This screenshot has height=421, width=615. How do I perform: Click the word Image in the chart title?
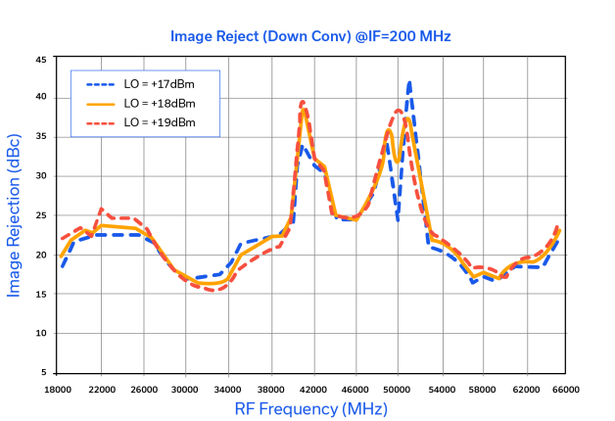pos(189,36)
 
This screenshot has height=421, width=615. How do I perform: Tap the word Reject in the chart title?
pos(235,36)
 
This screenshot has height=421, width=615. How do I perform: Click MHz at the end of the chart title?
pos(435,36)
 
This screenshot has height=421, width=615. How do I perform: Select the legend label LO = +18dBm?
pos(160,103)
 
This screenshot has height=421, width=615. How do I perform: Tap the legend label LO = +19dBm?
pos(160,122)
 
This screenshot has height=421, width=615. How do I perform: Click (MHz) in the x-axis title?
pos(363,408)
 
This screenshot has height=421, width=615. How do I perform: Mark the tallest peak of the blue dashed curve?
pos(408,84)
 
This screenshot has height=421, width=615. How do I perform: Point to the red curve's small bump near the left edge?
pos(101,210)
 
